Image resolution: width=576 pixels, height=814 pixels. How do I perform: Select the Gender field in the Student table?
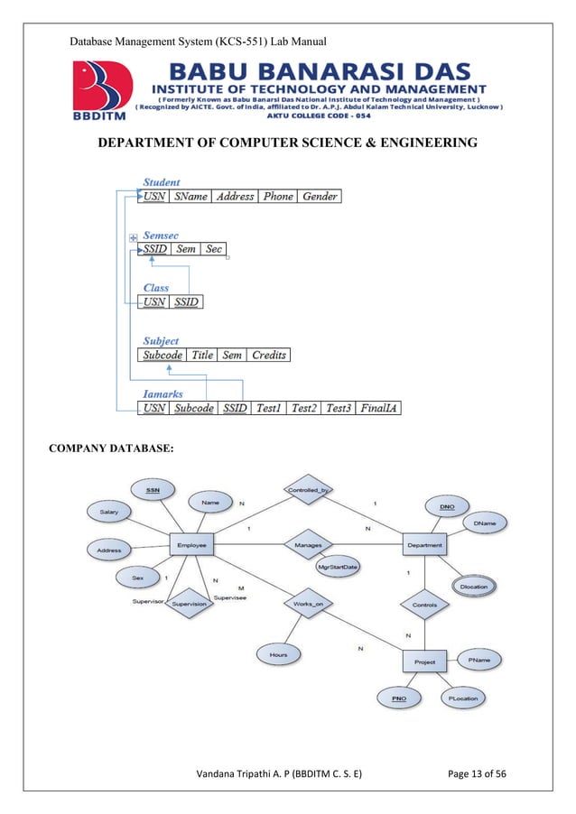(321, 196)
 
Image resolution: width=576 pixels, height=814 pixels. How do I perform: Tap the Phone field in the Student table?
(278, 196)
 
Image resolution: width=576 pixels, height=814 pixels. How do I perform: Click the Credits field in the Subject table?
(269, 356)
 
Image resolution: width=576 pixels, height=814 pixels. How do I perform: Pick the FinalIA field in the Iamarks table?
(379, 408)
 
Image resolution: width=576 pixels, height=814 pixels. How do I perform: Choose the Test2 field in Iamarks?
(305, 408)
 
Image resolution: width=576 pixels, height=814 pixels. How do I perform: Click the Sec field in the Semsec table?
(214, 249)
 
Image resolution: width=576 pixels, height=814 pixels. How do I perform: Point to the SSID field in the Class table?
(186, 301)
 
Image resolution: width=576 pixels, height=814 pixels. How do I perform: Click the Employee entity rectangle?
(191, 545)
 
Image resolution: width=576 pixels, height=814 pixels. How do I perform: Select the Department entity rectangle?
(424, 545)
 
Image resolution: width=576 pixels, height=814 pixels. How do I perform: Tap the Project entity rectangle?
(424, 661)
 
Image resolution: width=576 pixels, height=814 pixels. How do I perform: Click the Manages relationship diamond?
(308, 545)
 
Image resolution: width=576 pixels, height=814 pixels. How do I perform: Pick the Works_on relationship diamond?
(308, 603)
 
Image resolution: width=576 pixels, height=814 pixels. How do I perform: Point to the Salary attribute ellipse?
(108, 512)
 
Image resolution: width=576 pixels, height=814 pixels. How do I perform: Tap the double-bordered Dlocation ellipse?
(473, 587)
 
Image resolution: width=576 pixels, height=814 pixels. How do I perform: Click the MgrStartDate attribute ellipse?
(339, 567)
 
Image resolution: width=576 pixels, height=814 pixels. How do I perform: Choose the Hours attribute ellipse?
(278, 653)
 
